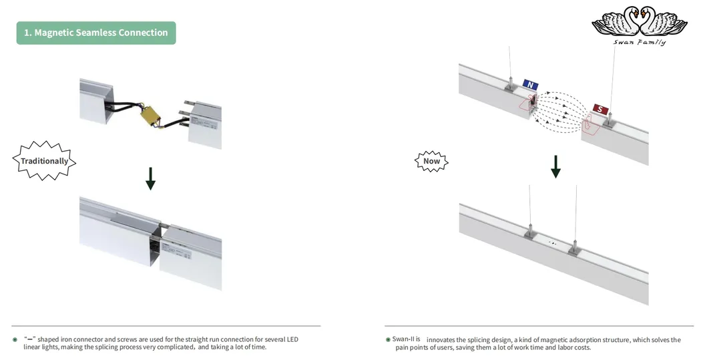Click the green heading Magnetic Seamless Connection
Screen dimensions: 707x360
[96, 33]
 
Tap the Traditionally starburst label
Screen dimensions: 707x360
[44, 160]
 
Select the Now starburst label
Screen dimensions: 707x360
[431, 161]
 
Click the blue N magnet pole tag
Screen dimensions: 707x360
[530, 84]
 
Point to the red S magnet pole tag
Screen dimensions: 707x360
[600, 109]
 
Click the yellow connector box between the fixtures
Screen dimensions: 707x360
[151, 116]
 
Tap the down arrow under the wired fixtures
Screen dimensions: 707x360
[151, 178]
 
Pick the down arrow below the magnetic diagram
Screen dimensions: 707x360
[556, 167]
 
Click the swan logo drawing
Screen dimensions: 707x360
[640, 21]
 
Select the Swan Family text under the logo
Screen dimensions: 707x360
[640, 42]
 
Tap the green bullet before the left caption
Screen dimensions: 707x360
[15, 339]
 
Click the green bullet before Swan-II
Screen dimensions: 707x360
[388, 339]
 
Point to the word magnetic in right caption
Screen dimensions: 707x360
[554, 340]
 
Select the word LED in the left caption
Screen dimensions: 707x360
[292, 339]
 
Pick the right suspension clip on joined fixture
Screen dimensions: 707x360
[574, 248]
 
